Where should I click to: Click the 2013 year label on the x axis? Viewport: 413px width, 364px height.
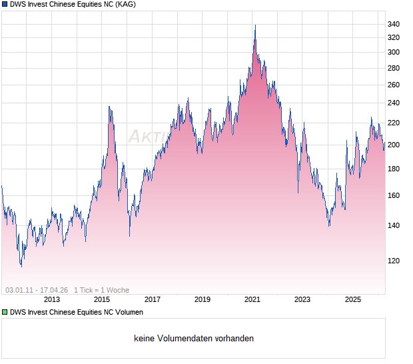(51, 299)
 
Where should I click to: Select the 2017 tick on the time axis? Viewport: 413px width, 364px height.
(152, 299)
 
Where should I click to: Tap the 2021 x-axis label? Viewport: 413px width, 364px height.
(252, 299)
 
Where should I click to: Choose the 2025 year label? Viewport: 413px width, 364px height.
(352, 299)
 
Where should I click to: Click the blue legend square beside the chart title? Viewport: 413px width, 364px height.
(5, 5)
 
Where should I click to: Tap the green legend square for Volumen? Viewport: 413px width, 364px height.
(5, 312)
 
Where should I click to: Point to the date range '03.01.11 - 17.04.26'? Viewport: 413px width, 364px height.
(37, 290)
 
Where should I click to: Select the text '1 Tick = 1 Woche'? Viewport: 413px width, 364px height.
(101, 290)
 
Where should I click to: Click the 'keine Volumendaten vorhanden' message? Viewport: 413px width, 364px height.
(194, 339)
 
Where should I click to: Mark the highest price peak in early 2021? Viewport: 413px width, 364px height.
(255, 26)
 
